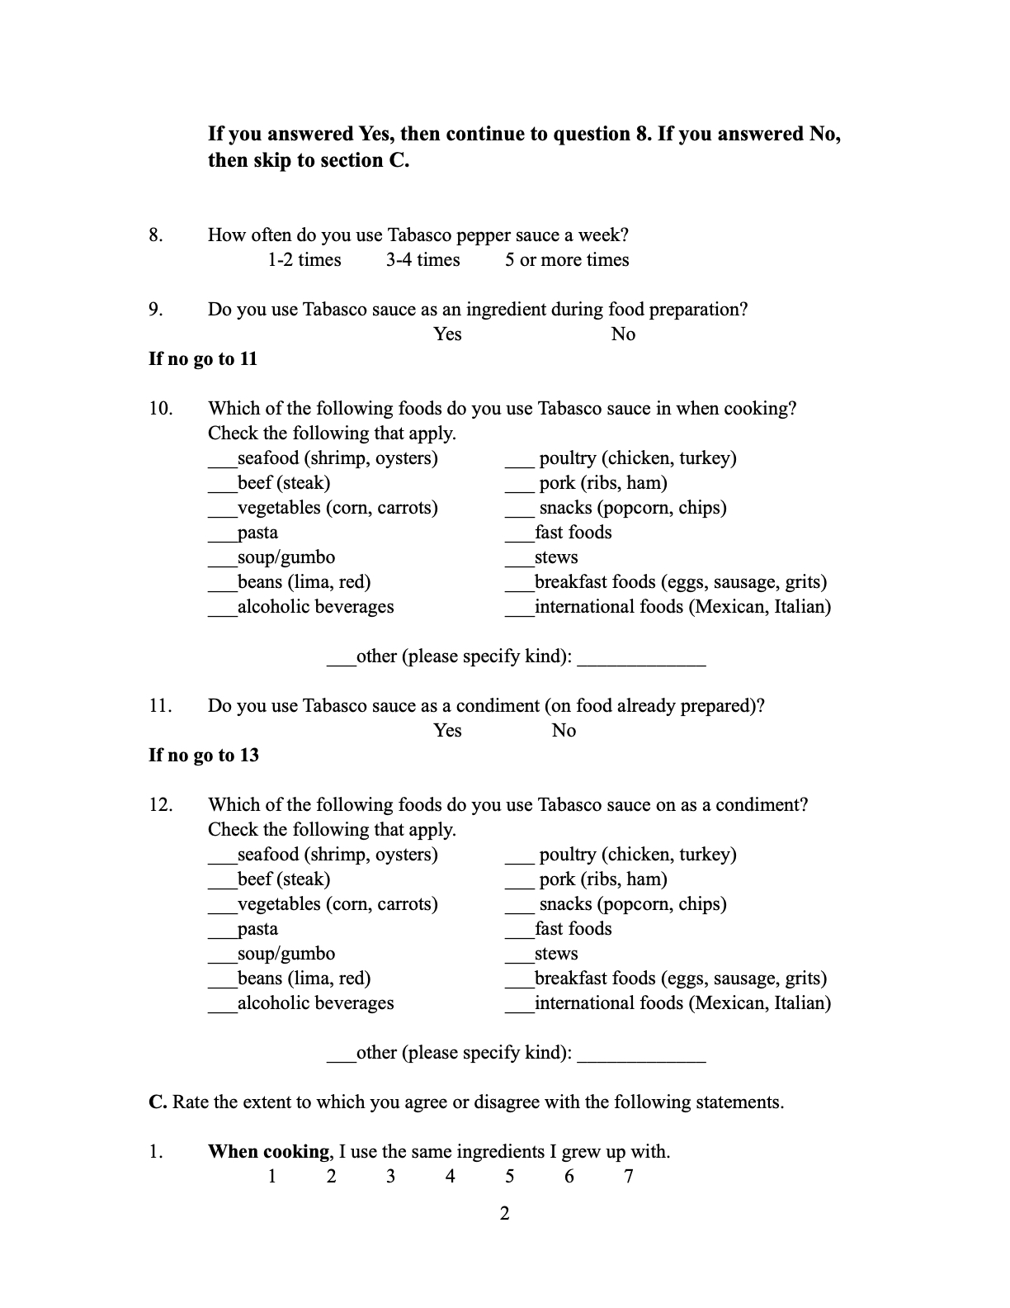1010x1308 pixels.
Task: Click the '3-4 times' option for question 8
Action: click(x=422, y=260)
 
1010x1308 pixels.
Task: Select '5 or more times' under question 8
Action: click(x=567, y=260)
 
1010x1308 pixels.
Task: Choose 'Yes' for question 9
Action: click(x=447, y=334)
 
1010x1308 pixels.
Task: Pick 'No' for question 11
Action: click(x=564, y=731)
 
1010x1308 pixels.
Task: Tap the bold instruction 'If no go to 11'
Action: click(x=203, y=359)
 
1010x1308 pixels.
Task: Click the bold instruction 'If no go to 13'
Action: click(x=203, y=756)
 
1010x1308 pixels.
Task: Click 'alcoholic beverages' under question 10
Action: click(x=315, y=607)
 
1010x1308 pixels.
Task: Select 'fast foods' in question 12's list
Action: click(x=573, y=929)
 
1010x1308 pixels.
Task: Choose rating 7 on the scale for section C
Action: click(x=629, y=1177)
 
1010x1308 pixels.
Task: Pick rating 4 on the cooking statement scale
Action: click(x=451, y=1177)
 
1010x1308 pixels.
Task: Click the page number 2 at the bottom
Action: click(x=505, y=1214)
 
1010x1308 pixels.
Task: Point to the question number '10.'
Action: click(x=161, y=409)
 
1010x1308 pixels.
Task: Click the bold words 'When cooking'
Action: click(x=268, y=1152)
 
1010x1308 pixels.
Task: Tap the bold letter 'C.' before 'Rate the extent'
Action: click(x=158, y=1102)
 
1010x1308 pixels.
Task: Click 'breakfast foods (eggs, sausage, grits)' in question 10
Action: click(x=680, y=582)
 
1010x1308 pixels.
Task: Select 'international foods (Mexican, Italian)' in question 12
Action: click(x=682, y=1003)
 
